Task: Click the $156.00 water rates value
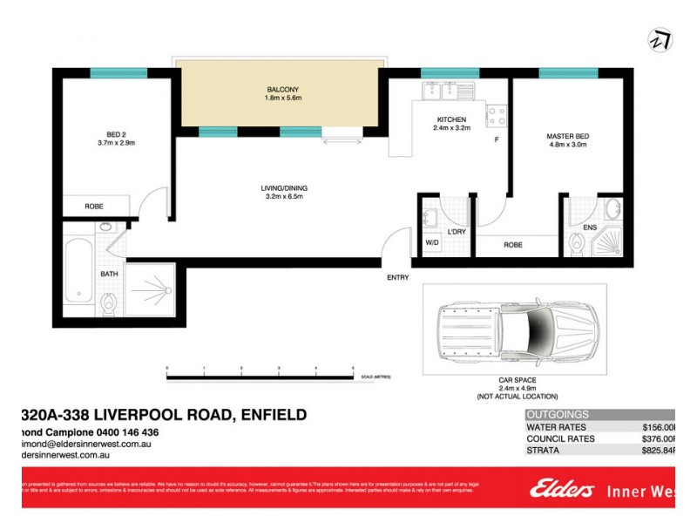tap(659, 427)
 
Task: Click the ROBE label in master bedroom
tap(513, 245)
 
